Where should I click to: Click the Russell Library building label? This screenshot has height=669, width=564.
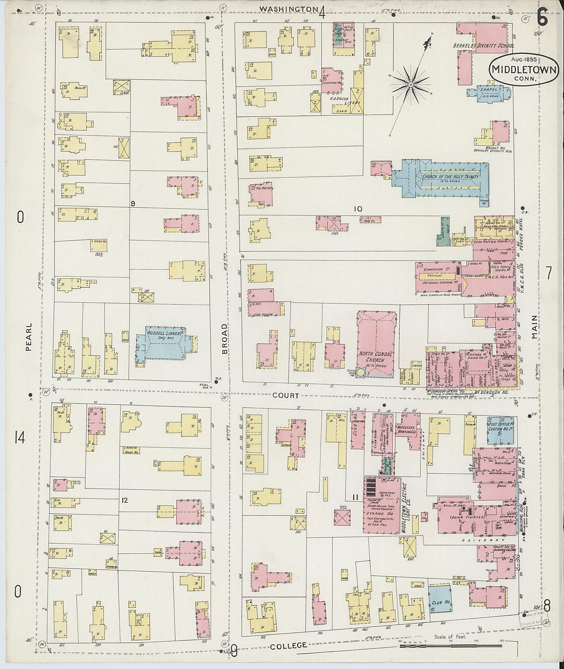tap(164, 333)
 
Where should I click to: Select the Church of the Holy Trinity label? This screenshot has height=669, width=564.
tap(450, 177)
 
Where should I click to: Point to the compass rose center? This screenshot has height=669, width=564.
tap(411, 85)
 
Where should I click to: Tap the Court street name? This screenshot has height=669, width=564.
tap(286, 396)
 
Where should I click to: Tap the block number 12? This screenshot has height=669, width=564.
tap(125, 500)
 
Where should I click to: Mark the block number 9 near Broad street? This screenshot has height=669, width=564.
tap(133, 203)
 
